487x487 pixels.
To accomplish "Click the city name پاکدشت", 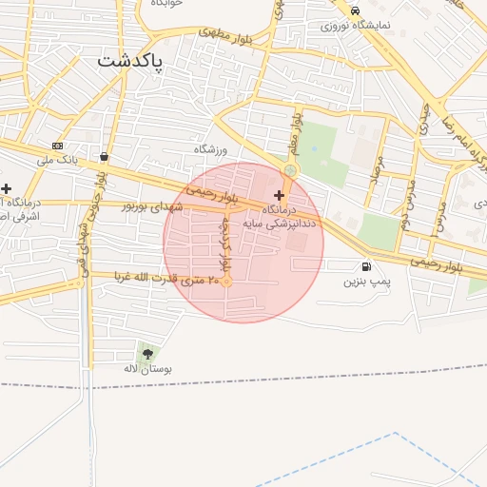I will (130, 62).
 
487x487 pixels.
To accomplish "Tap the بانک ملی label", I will (56, 160).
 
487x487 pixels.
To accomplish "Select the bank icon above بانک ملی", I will (58, 146).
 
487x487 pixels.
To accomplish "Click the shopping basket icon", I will (103, 157).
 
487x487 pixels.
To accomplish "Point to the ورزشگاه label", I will (211, 150).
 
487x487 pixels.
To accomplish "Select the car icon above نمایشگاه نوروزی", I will (355, 11).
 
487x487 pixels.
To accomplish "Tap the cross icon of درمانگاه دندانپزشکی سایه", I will (279, 194).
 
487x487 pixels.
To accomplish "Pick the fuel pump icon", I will (366, 267).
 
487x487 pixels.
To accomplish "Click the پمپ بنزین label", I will (367, 282).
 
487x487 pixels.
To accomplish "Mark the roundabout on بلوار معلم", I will (289, 171).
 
